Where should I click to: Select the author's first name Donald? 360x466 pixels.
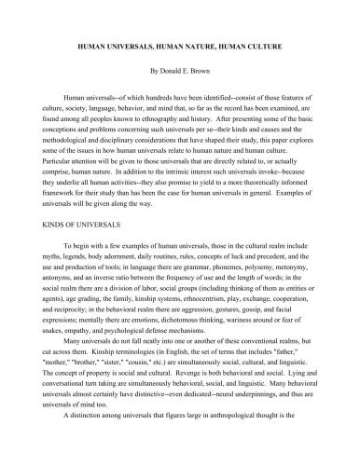(170, 71)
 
